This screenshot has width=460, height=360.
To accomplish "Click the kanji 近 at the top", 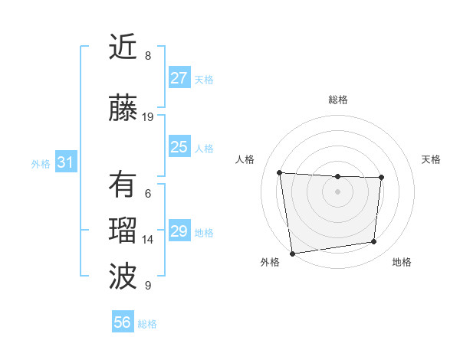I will [123, 47].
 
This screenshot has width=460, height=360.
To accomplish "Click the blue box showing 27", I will [179, 78].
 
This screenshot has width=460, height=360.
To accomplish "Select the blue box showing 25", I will [179, 147].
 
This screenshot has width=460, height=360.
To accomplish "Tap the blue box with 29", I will [179, 231].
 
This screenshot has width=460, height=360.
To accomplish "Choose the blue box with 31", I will [65, 162].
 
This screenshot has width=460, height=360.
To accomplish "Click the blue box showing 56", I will [123, 322].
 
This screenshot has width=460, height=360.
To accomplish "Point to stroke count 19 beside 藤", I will [148, 117].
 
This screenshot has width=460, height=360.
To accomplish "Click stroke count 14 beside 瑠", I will [148, 240].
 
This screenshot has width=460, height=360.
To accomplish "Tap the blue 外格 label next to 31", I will [41, 163].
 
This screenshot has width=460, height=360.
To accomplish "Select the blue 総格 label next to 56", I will [147, 324].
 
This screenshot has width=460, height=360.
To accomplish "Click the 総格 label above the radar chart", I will [337, 100].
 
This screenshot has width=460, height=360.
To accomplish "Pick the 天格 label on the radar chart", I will [431, 159].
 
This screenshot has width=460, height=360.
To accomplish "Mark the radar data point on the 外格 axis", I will [292, 253].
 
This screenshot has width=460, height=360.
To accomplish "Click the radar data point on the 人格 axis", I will [280, 172].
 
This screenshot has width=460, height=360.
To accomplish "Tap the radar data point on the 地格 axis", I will [374, 242].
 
